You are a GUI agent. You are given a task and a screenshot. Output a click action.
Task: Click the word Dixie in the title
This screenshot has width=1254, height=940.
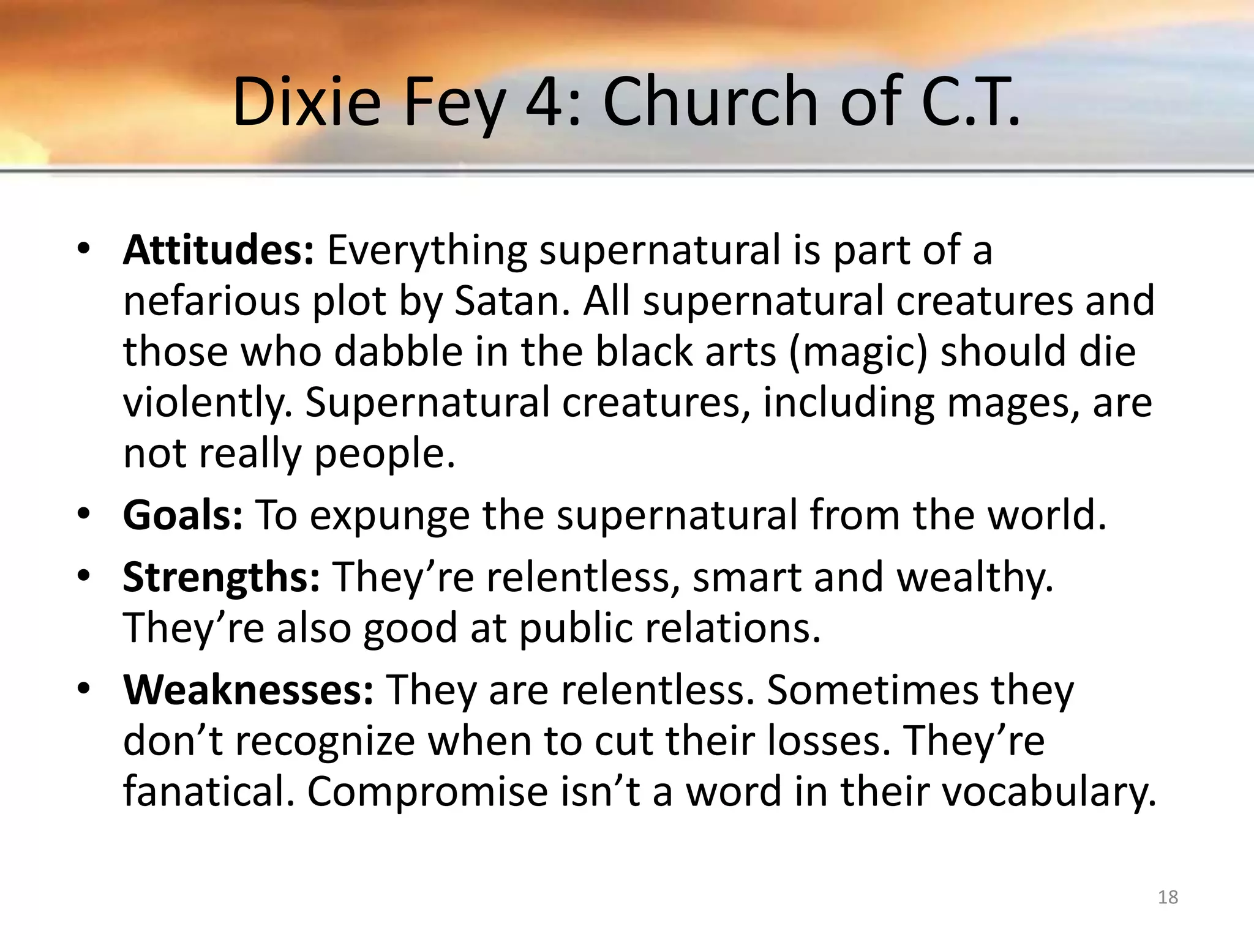(x=306, y=101)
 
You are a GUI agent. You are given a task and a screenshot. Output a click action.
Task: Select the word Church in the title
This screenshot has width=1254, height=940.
(x=711, y=101)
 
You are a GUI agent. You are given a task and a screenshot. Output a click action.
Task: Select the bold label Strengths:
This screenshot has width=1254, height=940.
(x=221, y=577)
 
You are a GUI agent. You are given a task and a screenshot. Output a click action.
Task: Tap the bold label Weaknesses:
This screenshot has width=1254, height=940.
(x=248, y=690)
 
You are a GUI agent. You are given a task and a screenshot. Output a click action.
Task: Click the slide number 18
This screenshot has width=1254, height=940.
(x=1168, y=897)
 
